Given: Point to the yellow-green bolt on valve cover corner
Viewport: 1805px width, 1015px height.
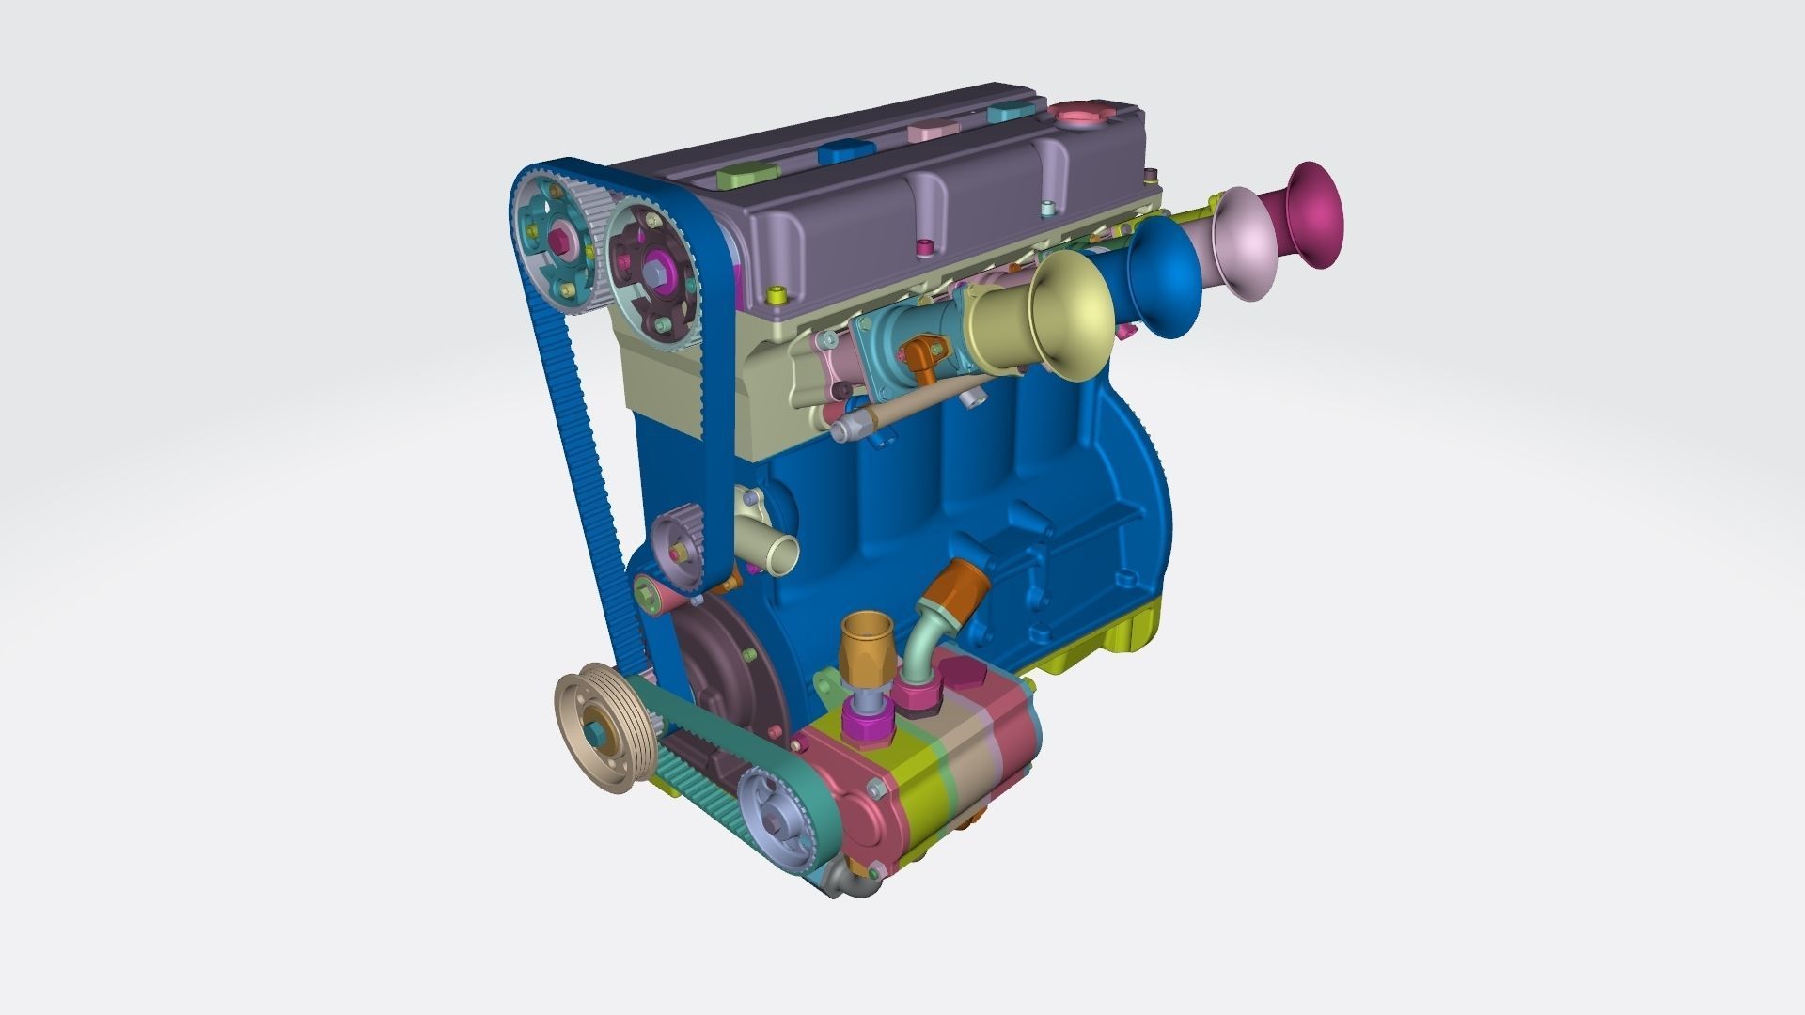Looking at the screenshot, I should coord(777,296).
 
